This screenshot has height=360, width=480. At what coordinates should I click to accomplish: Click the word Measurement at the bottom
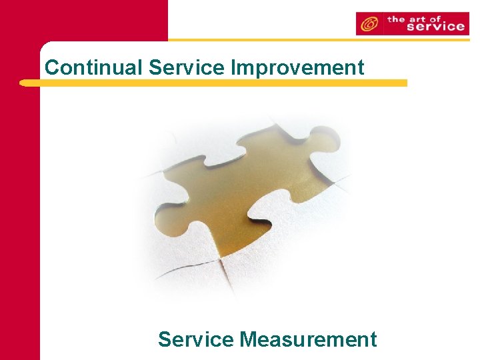coord(308,339)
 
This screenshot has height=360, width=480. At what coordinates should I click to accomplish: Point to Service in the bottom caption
coord(196,339)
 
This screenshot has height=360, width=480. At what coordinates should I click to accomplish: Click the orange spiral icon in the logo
coord(369,24)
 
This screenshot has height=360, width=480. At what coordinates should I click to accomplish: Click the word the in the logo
coord(397,18)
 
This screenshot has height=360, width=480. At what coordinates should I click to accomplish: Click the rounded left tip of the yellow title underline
coord(25,83)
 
